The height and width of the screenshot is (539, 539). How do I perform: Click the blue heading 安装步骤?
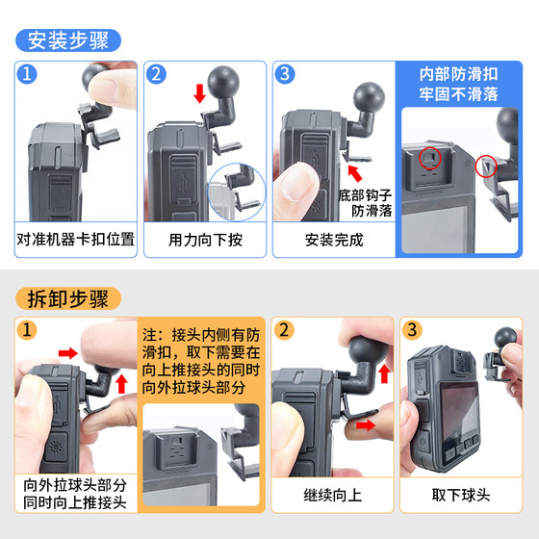coord(68,40)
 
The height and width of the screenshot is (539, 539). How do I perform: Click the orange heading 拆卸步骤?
coord(68,298)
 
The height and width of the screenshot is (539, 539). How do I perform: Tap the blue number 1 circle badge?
coord(27,74)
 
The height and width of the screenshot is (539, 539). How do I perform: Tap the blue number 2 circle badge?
coord(156,74)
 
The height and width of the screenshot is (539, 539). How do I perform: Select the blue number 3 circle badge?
coord(285,74)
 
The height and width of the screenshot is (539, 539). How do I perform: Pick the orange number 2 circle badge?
coord(284,330)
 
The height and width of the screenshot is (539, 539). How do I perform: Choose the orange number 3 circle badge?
coord(413,330)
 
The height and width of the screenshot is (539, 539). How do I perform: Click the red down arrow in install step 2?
coord(200,93)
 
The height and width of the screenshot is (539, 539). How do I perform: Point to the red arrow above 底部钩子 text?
coord(355,173)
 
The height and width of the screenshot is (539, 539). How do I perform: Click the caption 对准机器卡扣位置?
coord(76,240)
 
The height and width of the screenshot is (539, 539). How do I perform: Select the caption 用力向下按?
coord(205,240)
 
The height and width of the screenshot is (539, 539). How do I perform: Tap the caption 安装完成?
coord(334,240)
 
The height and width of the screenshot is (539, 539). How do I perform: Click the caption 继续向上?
coord(333,496)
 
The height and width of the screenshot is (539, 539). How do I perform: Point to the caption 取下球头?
coord(461,496)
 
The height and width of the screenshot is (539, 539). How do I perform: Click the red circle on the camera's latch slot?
coord(429,158)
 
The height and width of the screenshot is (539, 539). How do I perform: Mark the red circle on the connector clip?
coord(486,166)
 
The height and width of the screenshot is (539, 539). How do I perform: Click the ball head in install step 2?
coord(223,82)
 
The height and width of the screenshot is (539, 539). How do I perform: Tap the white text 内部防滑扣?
coord(458,74)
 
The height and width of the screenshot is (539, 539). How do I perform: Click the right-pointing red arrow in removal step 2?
coord(366,425)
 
